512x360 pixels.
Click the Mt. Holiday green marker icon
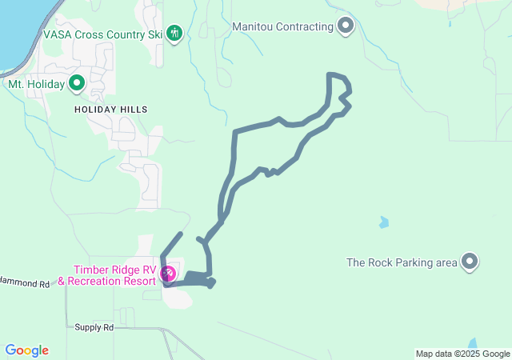[x=77, y=82]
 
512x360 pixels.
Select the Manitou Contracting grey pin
[x=346, y=26]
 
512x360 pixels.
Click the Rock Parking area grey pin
[x=470, y=262]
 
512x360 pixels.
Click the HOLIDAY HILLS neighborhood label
[x=111, y=109]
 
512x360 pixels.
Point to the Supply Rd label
[x=94, y=327]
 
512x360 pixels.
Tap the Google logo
[x=26, y=350]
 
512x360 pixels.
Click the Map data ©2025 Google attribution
[x=462, y=354]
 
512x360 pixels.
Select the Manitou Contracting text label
[x=282, y=26]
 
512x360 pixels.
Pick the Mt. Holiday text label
[x=37, y=83]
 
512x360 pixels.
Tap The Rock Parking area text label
[x=402, y=262]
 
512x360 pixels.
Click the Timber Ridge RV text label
[x=116, y=270]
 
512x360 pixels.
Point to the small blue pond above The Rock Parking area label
[x=384, y=222]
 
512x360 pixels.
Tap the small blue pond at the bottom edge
[x=474, y=344]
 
